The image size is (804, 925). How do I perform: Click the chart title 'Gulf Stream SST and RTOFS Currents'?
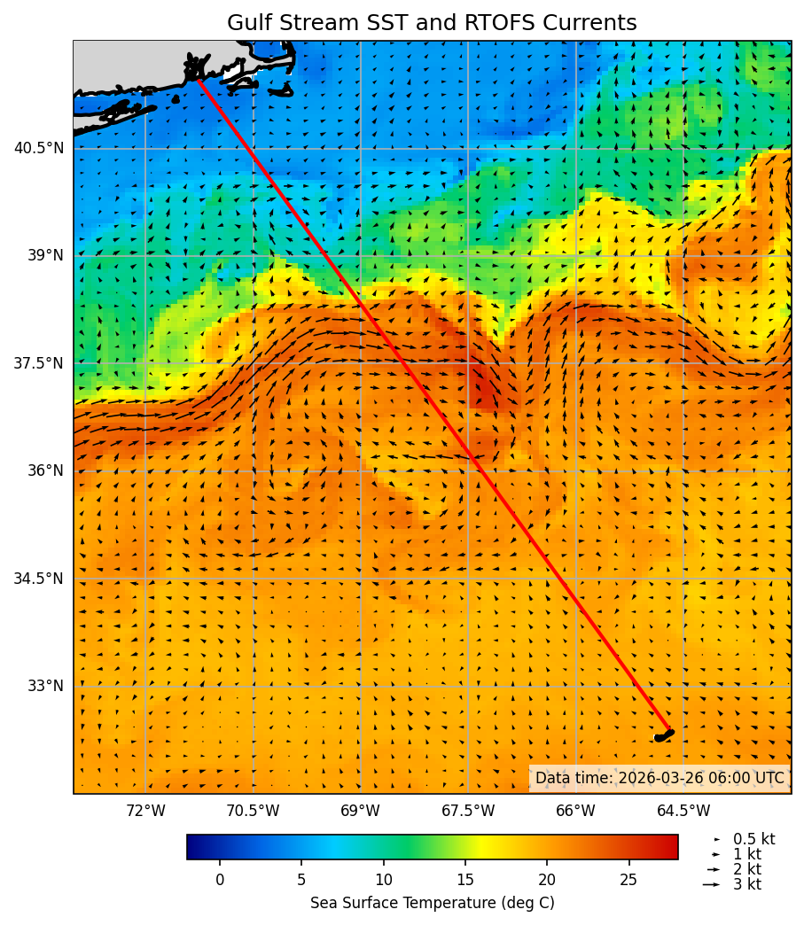(432, 23)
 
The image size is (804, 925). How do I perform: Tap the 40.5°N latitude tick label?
(39, 148)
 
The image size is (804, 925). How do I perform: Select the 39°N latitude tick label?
(43, 255)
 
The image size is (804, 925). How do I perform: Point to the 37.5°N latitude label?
(39, 363)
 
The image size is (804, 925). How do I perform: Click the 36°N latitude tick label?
(43, 470)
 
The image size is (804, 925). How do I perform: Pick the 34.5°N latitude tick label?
(39, 579)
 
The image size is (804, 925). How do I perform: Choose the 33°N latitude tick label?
(43, 686)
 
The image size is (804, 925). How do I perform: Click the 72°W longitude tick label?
(145, 811)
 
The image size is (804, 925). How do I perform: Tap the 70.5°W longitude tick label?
(253, 811)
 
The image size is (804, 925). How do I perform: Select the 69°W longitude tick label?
(360, 811)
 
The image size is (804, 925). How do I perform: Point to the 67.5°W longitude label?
(468, 811)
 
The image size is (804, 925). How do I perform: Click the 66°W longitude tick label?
(575, 811)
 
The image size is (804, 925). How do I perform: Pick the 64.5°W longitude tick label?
(683, 811)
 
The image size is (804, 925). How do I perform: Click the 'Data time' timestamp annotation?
(660, 778)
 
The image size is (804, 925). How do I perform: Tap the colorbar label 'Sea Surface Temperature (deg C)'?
(432, 903)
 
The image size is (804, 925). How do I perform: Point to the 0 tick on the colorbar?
(220, 880)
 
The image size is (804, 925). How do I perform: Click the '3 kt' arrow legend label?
(746, 884)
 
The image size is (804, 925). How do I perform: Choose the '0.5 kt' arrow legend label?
(753, 839)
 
